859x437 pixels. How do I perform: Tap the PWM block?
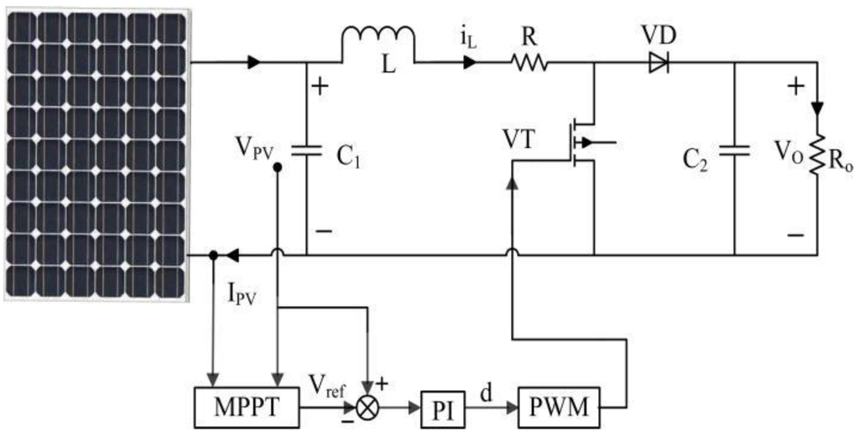559,408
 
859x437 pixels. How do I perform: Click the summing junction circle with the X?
367,408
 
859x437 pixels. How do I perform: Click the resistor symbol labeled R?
528,63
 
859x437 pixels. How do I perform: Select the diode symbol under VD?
659,63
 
